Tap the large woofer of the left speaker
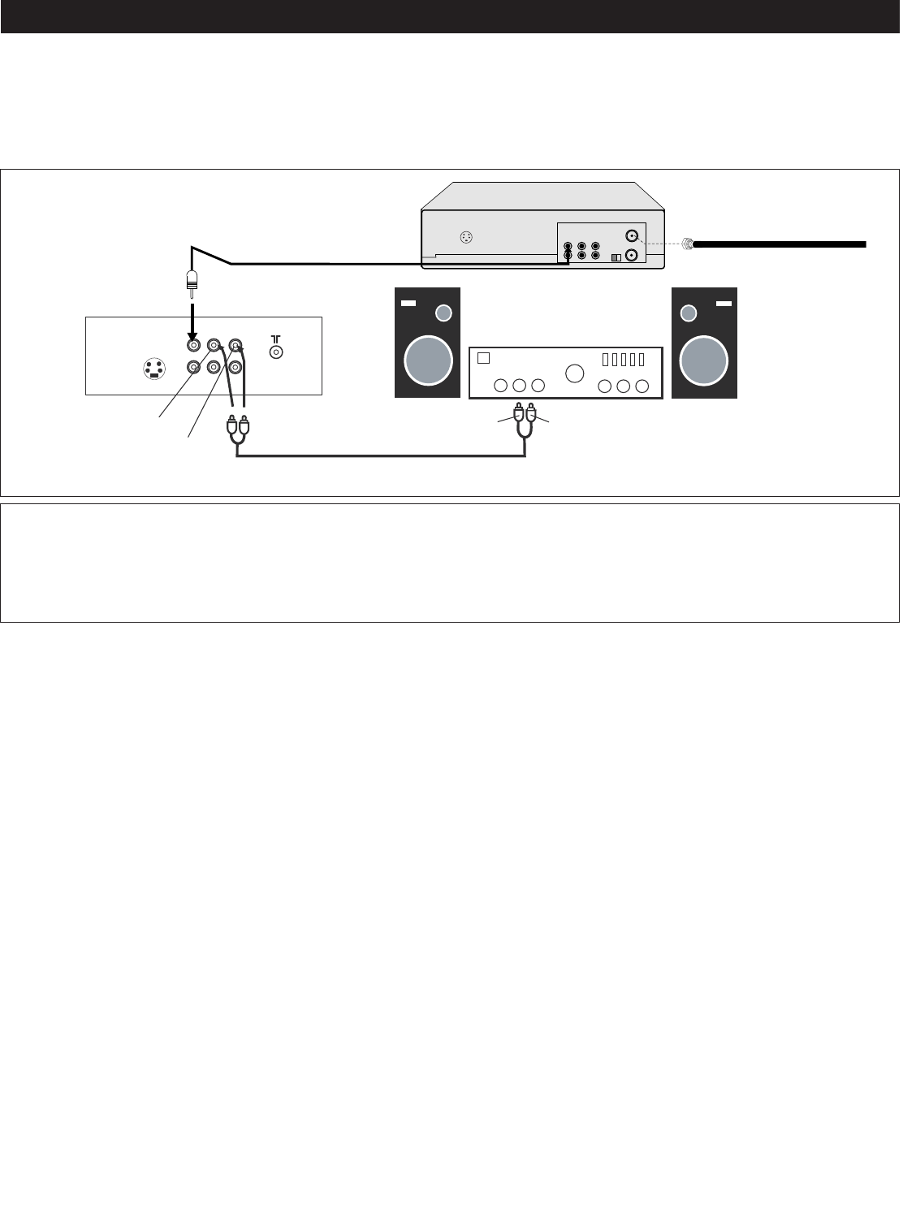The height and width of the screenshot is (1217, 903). pyautogui.click(x=428, y=359)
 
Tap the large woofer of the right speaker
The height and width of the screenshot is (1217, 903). pyautogui.click(x=704, y=359)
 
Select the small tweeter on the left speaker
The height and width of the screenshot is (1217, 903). pyautogui.click(x=443, y=313)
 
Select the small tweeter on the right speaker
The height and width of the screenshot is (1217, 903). pyautogui.click(x=689, y=313)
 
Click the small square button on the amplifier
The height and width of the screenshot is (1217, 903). pyautogui.click(x=484, y=358)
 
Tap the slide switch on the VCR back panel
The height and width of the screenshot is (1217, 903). pyautogui.click(x=616, y=257)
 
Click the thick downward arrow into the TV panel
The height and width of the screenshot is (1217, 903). pyautogui.click(x=192, y=320)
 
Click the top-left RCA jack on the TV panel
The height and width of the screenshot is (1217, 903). pyautogui.click(x=193, y=345)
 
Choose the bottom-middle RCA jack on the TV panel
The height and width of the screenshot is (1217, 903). pyautogui.click(x=214, y=367)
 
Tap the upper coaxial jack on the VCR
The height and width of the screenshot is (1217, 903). pyautogui.click(x=633, y=236)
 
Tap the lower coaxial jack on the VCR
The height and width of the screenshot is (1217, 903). pyautogui.click(x=633, y=255)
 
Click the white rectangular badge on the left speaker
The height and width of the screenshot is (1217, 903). pyautogui.click(x=408, y=304)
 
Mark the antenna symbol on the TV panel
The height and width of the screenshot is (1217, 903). pyautogui.click(x=276, y=337)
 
